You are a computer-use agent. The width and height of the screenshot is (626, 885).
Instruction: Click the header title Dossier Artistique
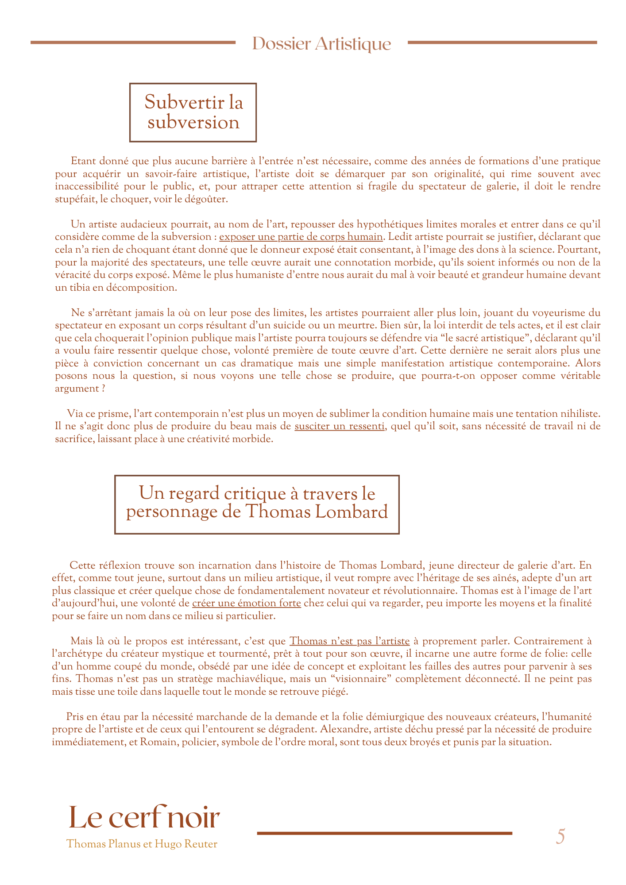tap(321, 44)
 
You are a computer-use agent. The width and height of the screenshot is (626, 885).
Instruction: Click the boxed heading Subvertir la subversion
tap(193, 112)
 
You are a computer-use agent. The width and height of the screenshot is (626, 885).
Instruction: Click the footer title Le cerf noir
tap(144, 818)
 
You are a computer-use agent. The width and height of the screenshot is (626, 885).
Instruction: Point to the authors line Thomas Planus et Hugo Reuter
tap(142, 844)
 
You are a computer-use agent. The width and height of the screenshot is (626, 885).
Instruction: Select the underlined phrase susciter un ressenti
tap(339, 427)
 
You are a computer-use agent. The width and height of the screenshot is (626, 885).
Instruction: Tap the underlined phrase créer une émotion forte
tap(247, 603)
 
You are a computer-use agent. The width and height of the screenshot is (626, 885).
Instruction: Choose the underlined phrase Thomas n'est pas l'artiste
tap(349, 641)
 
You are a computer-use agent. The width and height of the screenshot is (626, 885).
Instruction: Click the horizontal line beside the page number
tap(384, 833)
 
